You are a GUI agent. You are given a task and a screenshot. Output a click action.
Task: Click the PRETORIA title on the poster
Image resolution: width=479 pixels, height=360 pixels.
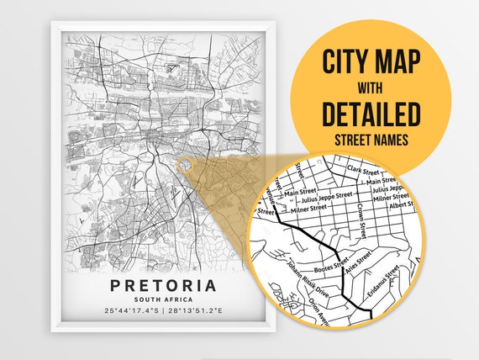(x=162, y=286)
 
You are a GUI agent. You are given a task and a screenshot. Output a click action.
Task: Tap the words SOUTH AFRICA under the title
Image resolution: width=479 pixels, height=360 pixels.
(x=162, y=300)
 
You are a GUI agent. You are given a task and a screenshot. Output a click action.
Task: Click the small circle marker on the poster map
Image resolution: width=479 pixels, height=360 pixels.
(x=184, y=165)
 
